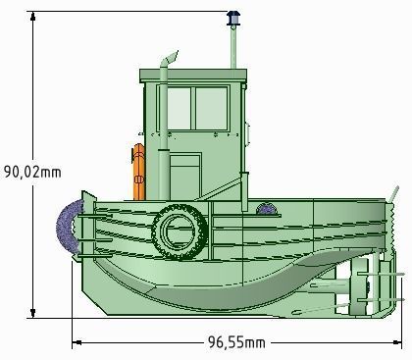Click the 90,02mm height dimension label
pos(33,171)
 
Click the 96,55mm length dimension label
pos(235,342)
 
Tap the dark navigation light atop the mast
pos(233,19)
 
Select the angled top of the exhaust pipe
pos(170,60)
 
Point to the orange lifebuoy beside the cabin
pos(139,173)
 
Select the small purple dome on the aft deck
pos(266,207)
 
